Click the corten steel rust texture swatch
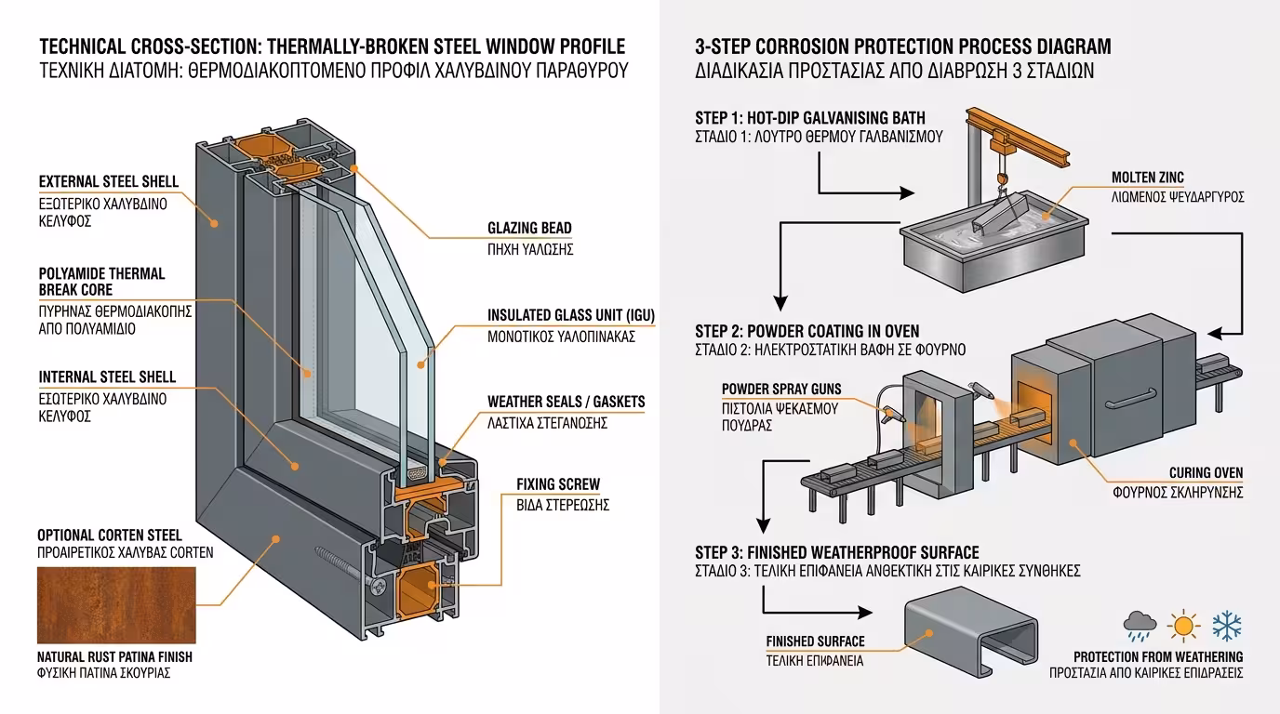coord(116,602)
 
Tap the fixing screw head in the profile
coord(380,587)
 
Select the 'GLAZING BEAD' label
coord(529,229)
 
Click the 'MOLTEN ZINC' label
coord(1147,178)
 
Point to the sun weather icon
coord(1183,626)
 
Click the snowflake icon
coord(1227,626)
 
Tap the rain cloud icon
coord(1139,627)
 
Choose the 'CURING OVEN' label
coord(1206,473)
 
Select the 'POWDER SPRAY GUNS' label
coord(780,389)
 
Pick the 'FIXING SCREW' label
coord(558,484)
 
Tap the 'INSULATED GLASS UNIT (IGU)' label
coord(570,316)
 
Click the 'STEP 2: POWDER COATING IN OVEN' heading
coord(807,331)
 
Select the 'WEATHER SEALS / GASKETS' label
coord(566,403)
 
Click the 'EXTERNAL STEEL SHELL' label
coord(108,182)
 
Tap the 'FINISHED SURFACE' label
coord(815,641)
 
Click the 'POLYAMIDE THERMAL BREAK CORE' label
coord(101,282)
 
